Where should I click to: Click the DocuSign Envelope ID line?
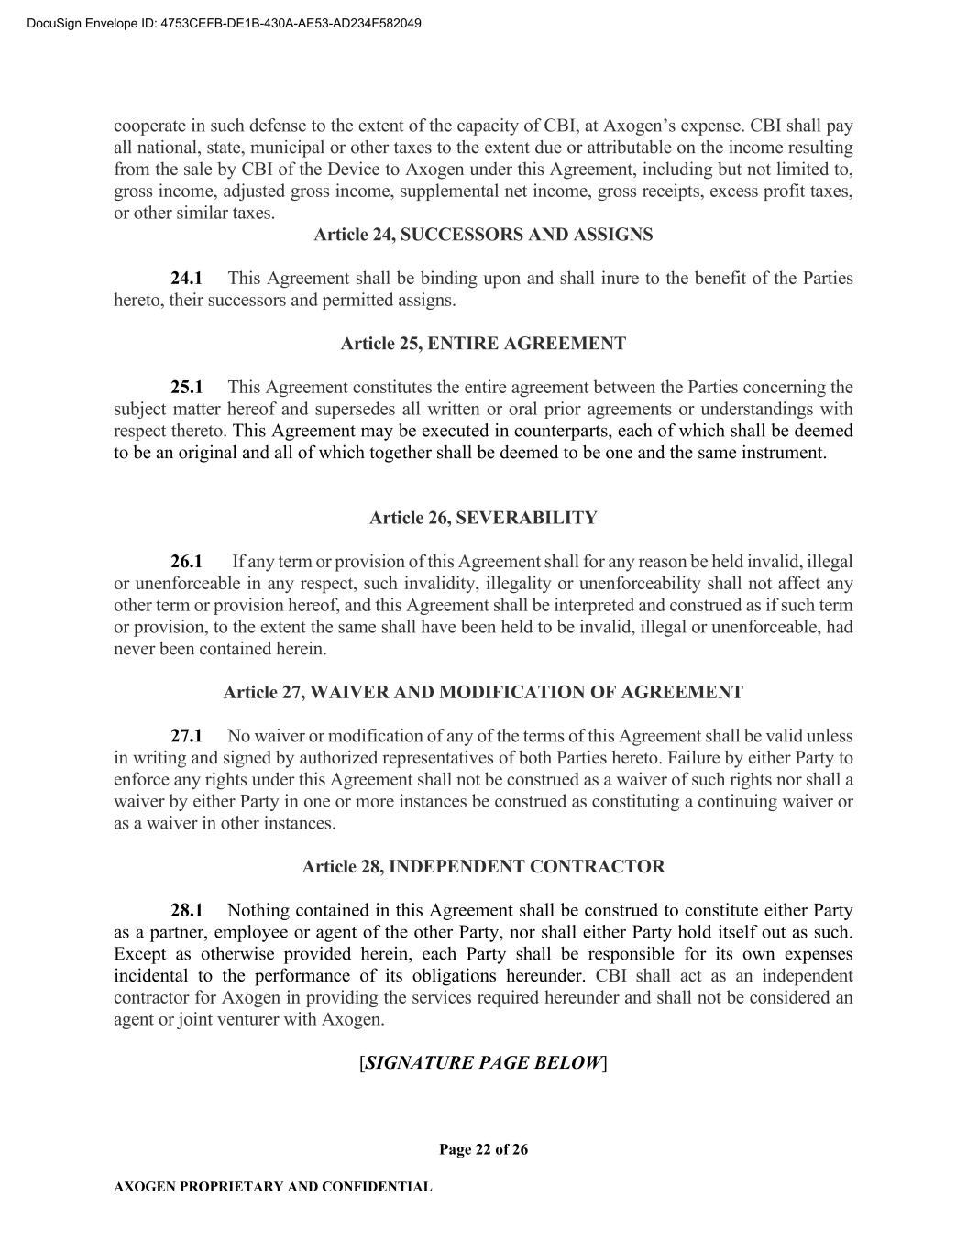pos(224,23)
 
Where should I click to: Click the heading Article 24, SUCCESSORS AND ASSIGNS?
pos(483,235)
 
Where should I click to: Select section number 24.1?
pos(186,278)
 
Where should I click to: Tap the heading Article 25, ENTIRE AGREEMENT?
pos(483,344)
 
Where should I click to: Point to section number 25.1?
pos(186,387)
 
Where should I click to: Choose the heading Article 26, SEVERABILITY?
pos(483,518)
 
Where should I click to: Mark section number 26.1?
pos(186,561)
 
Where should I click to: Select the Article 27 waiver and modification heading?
pos(483,692)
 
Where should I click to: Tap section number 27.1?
pos(186,736)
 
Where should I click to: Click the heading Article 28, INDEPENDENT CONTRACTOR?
pos(483,866)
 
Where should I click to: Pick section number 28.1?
pos(186,910)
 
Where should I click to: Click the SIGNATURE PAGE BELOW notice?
pos(483,1062)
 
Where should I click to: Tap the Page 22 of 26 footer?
pos(483,1149)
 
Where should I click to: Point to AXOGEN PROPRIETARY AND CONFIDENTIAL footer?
pos(272,1187)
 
